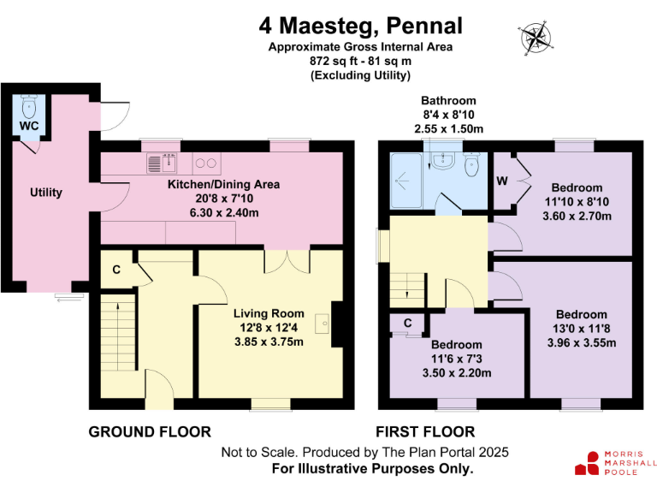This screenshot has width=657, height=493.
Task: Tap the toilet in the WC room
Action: tap(28, 107)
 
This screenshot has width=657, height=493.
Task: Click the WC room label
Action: tap(29, 127)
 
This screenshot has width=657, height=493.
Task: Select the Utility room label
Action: tap(45, 193)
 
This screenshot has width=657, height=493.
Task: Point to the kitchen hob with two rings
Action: tap(205, 162)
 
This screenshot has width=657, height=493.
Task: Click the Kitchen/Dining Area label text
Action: tap(223, 184)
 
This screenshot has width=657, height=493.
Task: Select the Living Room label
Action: tap(269, 313)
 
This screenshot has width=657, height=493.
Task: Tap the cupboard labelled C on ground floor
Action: tap(115, 271)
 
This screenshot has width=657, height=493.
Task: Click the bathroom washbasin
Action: tap(443, 160)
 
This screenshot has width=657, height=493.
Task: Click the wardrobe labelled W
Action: tap(503, 181)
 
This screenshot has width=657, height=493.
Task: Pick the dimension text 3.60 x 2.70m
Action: tap(577, 216)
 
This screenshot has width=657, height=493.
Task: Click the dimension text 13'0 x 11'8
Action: tap(581, 329)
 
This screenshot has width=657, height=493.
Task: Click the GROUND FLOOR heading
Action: tap(149, 431)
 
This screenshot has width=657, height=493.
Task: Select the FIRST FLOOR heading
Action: tap(425, 431)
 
